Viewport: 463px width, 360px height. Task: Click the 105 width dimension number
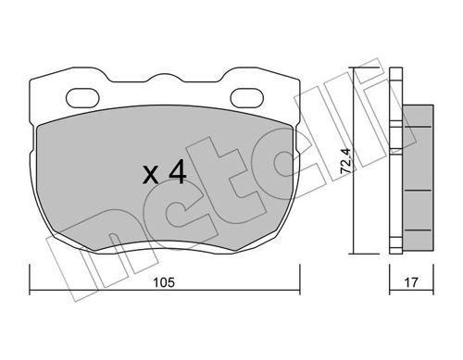[164, 282]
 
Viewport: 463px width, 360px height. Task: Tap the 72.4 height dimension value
[345, 160]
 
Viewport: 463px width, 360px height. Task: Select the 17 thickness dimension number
[411, 282]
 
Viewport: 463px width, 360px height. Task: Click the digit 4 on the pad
[178, 173]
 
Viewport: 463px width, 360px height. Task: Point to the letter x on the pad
[151, 176]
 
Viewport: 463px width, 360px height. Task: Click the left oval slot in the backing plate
[82, 98]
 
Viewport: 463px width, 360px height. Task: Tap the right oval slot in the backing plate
[247, 98]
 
